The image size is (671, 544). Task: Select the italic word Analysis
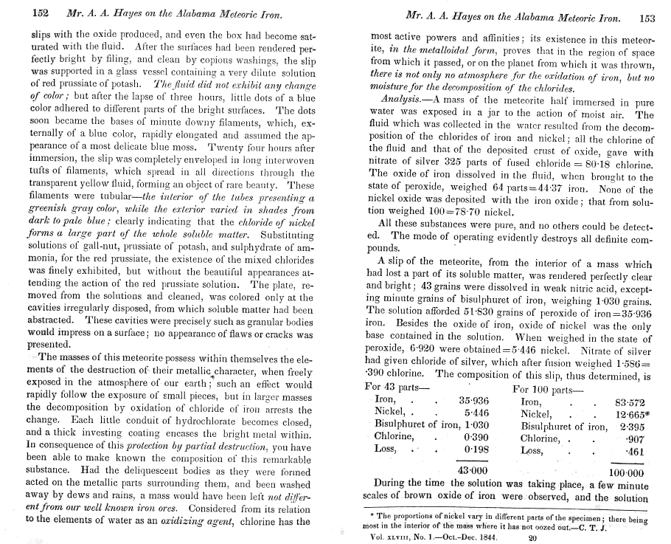pyautogui.click(x=399, y=100)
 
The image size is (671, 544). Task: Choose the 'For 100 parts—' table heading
pyautogui.click(x=546, y=386)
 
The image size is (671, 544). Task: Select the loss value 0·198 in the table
pyautogui.click(x=478, y=450)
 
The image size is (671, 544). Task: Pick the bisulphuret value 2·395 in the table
pyautogui.click(x=633, y=426)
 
